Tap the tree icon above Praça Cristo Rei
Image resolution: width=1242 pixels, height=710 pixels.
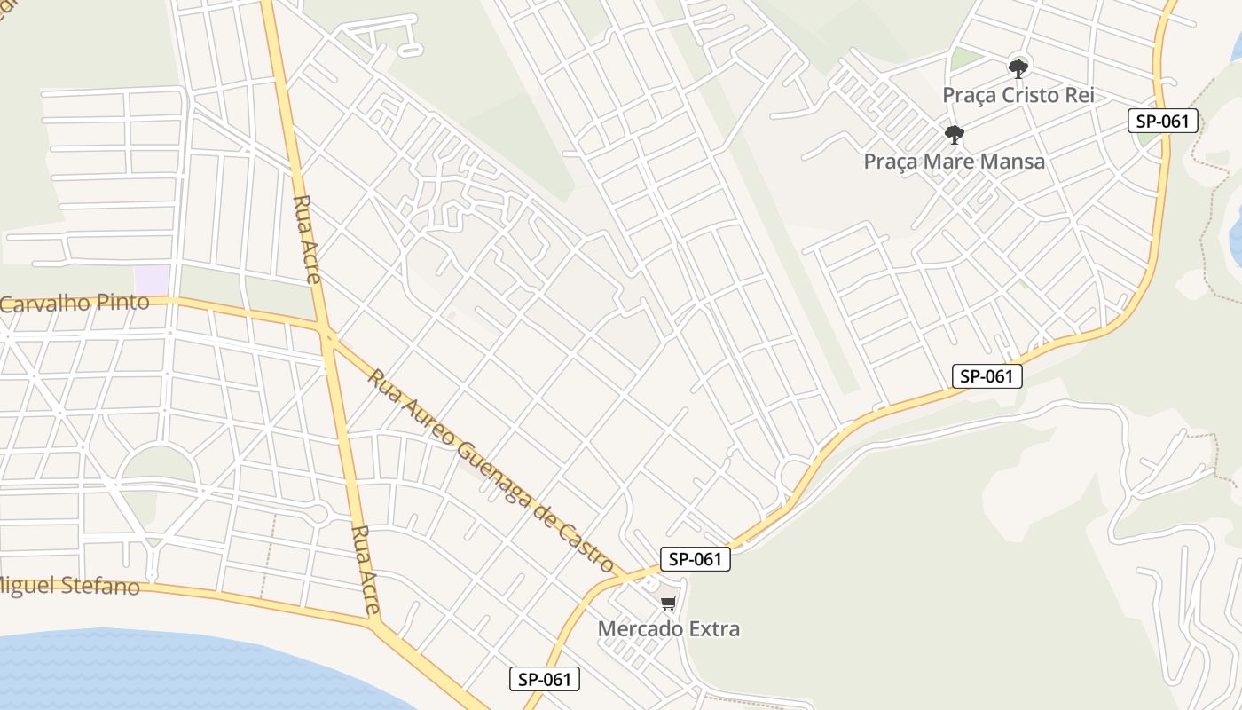[x=1018, y=67]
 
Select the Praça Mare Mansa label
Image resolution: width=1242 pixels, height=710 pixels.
[x=954, y=162]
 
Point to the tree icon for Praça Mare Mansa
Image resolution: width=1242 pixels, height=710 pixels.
[x=955, y=135]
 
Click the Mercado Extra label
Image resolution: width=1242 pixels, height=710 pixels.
[x=668, y=628]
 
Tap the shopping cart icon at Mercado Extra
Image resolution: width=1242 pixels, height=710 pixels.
[x=668, y=603]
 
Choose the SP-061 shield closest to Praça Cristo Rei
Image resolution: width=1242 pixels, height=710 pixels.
[x=1163, y=121]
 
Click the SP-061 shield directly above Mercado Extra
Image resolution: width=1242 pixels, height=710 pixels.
[x=696, y=559]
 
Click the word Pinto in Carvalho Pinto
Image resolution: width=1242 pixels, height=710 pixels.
[x=127, y=302]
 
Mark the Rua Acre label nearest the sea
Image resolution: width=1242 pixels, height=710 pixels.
[x=366, y=570]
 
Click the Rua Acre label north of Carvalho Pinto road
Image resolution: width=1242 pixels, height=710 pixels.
[x=306, y=238]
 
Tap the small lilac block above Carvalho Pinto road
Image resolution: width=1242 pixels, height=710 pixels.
[x=152, y=277]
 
